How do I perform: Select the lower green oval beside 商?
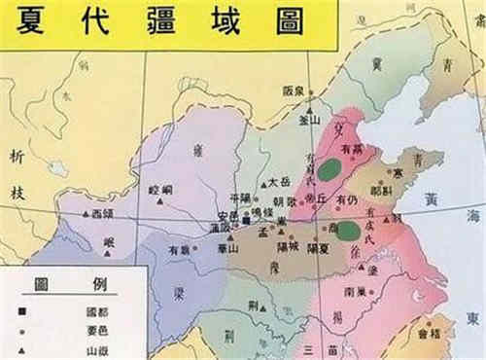347,230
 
